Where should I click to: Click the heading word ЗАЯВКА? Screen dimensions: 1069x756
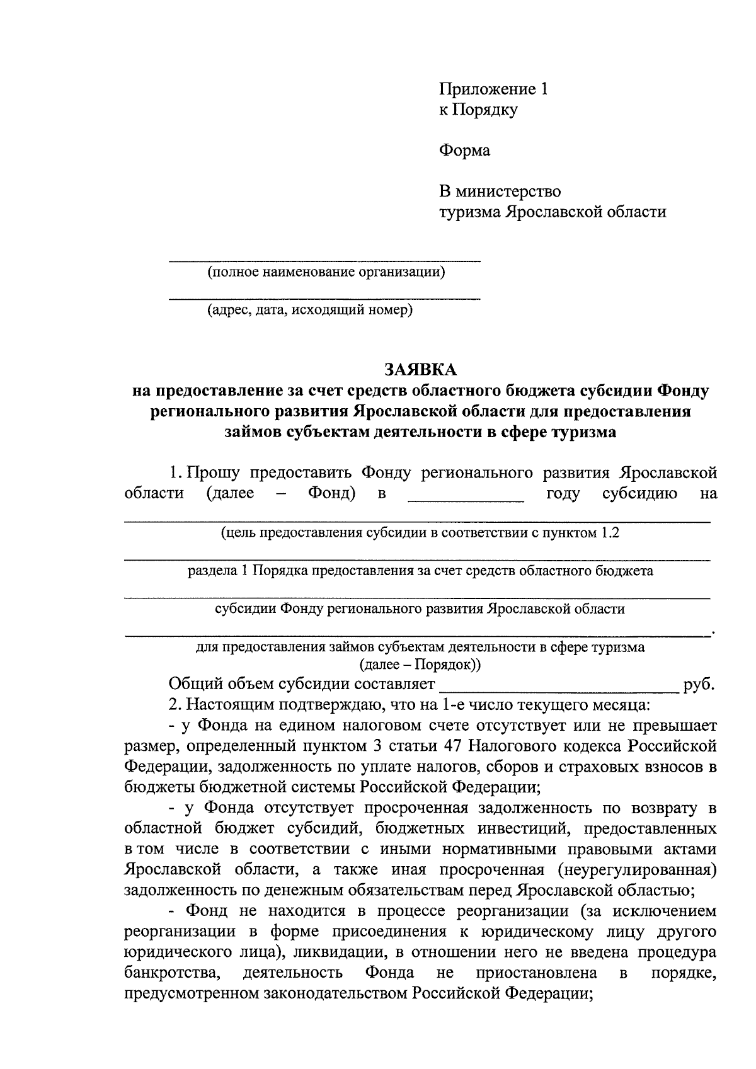[420, 369]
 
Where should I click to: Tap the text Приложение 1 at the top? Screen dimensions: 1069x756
[493, 89]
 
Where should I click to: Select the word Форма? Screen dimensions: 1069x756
[464, 151]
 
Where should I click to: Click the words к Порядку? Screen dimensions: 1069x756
[478, 110]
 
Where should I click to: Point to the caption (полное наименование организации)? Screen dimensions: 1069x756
[326, 272]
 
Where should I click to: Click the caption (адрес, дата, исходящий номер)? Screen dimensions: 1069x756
[311, 310]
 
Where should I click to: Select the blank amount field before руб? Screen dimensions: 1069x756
[558, 686]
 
